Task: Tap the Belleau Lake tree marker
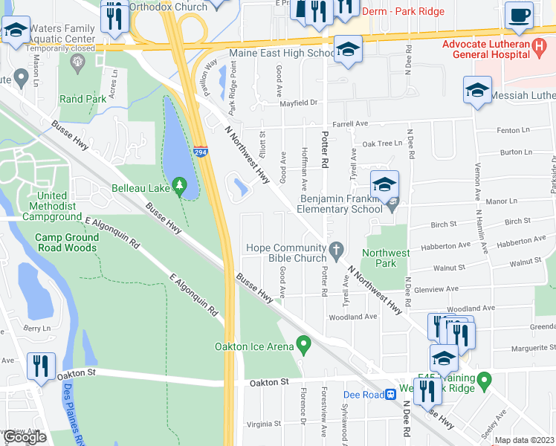click(178, 184)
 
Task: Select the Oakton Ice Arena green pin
click(303, 344)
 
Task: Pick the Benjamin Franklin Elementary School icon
click(384, 185)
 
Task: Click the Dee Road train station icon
click(389, 395)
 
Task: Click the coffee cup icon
click(518, 16)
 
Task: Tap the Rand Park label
click(83, 99)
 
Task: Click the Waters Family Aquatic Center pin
click(76, 59)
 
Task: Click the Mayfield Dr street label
click(298, 103)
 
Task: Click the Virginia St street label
click(263, 424)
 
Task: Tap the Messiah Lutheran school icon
click(476, 91)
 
